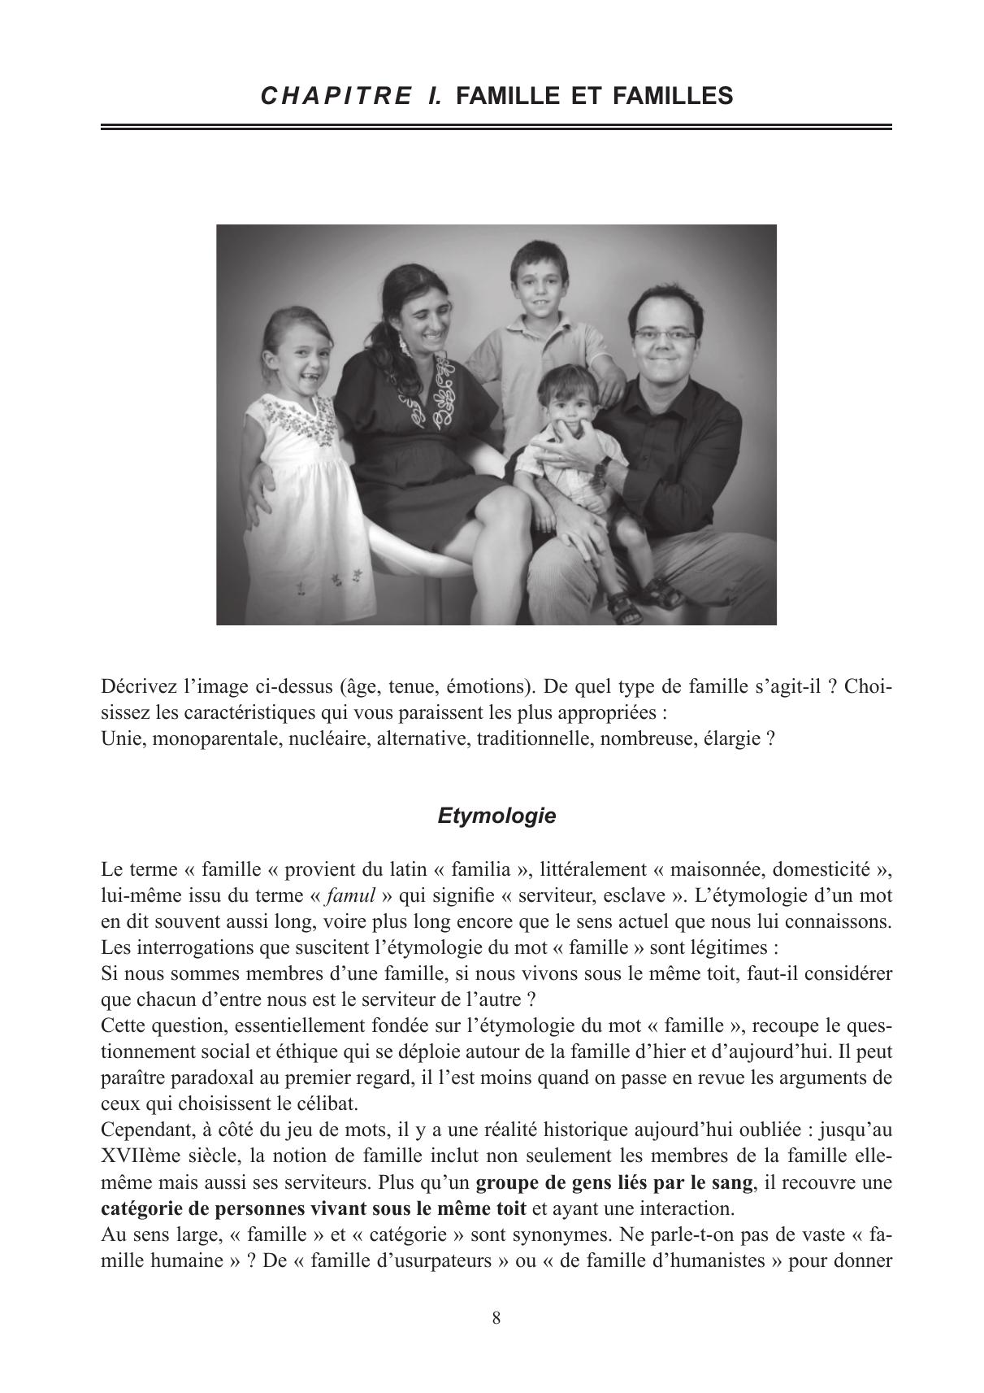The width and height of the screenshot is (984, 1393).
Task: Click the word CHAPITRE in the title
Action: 336,96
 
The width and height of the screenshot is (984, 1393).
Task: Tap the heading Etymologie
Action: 496,816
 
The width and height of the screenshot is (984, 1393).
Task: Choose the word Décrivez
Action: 139,687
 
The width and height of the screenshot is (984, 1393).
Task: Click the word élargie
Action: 733,740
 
